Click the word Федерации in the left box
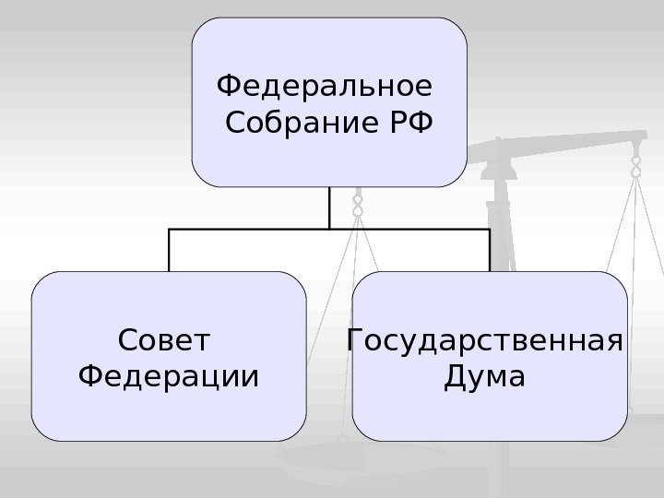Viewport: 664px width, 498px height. click(x=168, y=377)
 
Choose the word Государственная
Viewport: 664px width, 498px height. click(x=484, y=342)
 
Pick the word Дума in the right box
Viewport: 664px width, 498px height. click(x=484, y=377)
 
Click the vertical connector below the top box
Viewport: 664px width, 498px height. click(x=329, y=207)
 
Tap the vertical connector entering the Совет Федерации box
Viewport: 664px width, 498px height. click(x=169, y=250)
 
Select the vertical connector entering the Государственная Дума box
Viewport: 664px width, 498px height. click(x=489, y=250)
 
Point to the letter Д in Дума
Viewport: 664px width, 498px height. click(x=456, y=377)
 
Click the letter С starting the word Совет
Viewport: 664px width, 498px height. click(x=128, y=342)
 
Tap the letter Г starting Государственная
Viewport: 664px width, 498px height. click(x=353, y=342)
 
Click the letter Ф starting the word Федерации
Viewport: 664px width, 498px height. click(x=91, y=377)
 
